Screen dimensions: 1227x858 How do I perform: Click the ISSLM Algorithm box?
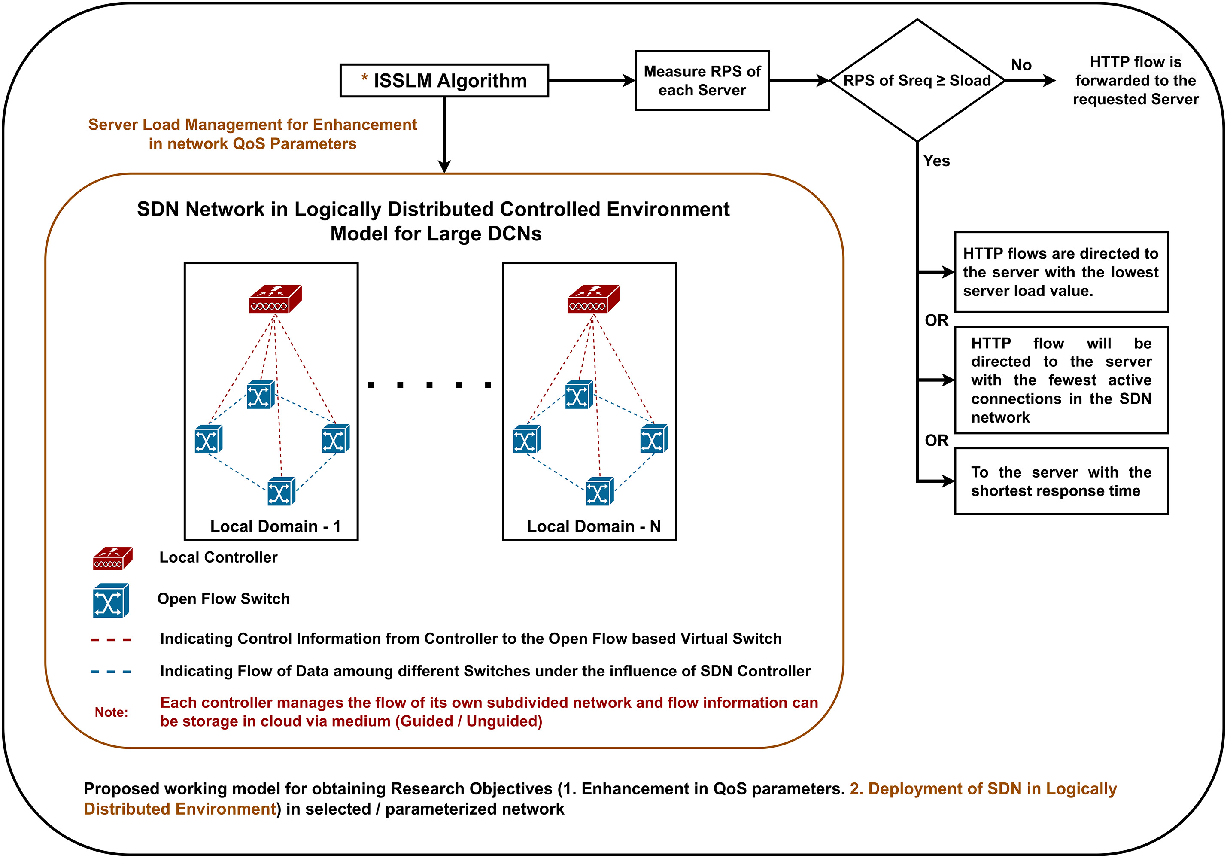(444, 81)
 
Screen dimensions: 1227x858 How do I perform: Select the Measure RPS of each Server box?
(702, 81)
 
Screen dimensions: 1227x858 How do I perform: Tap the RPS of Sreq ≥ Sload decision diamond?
(917, 81)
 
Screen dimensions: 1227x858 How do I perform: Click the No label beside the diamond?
(1021, 65)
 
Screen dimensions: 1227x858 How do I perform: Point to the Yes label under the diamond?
(936, 161)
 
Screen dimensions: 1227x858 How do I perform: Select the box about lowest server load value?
(1061, 272)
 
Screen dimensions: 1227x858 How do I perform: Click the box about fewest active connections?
(1061, 380)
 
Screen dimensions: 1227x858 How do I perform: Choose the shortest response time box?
(1061, 481)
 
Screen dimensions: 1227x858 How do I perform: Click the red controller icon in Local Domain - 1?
(275, 299)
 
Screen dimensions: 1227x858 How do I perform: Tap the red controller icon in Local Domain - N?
(594, 299)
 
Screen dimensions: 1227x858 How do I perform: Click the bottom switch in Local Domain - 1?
(281, 491)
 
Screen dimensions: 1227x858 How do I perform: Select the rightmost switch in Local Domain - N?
(654, 438)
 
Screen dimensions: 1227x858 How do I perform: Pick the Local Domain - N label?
(594, 526)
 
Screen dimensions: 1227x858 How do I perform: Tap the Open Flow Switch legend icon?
(111, 600)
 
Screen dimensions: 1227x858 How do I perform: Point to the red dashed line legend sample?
(111, 639)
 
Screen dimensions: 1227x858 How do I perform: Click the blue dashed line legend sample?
(111, 672)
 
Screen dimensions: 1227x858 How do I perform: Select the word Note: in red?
(111, 712)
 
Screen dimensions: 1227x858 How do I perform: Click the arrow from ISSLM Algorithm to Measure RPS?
(592, 81)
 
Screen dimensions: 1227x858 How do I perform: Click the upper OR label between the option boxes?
(936, 320)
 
